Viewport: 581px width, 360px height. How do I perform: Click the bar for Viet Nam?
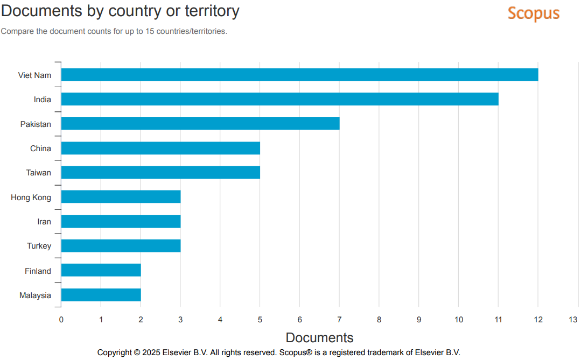pyautogui.click(x=299, y=75)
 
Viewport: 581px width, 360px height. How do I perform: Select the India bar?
pyautogui.click(x=279, y=99)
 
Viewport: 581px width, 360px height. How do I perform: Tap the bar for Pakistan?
pyautogui.click(x=200, y=124)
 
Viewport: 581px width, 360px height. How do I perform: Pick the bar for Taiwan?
pyautogui.click(x=160, y=172)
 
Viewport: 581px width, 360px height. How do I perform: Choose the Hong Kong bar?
pyautogui.click(x=121, y=197)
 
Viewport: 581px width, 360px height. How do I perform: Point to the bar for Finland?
pyautogui.click(x=101, y=270)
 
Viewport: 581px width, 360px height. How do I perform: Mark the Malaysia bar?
pyautogui.click(x=101, y=295)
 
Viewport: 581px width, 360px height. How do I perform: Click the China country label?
pyautogui.click(x=40, y=149)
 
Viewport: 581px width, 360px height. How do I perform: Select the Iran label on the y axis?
pyautogui.click(x=44, y=222)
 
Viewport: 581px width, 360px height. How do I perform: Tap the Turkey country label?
pyautogui.click(x=39, y=246)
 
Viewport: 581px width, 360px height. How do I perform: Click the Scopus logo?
pyautogui.click(x=534, y=13)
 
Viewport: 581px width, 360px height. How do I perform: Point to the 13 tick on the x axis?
pyautogui.click(x=573, y=320)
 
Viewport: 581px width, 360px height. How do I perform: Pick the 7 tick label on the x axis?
pyautogui.click(x=339, y=320)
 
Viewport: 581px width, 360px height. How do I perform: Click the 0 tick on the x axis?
pyautogui.click(x=61, y=320)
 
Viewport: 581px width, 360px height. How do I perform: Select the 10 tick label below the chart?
pyautogui.click(x=458, y=320)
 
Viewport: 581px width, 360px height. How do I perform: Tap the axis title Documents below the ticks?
pyautogui.click(x=319, y=337)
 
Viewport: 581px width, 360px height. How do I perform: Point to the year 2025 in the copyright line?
pyautogui.click(x=153, y=352)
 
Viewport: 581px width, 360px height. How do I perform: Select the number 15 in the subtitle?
pyautogui.click(x=149, y=31)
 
